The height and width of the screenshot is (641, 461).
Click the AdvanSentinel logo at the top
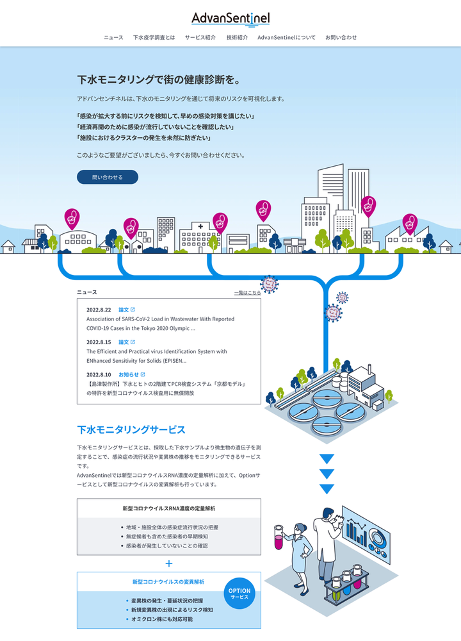230,19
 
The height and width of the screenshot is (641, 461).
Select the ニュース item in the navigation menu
113,38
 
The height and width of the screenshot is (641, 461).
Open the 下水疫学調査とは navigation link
154,38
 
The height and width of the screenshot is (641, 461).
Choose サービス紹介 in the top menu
200,38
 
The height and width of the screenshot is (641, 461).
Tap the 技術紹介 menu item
237,38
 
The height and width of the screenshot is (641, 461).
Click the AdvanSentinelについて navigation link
286,38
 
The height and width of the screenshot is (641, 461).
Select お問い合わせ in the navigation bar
341,38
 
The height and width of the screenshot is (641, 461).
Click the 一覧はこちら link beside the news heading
247,293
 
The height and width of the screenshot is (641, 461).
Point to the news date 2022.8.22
99,310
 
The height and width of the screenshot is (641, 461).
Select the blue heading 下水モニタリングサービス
131,429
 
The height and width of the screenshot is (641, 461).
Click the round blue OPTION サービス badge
239,594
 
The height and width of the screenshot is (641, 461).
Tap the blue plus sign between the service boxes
169,564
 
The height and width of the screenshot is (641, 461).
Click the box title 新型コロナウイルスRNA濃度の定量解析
169,508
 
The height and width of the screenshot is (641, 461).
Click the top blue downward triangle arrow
327,459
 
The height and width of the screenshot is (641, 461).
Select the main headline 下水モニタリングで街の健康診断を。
158,80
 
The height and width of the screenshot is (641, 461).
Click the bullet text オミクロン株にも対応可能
161,619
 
